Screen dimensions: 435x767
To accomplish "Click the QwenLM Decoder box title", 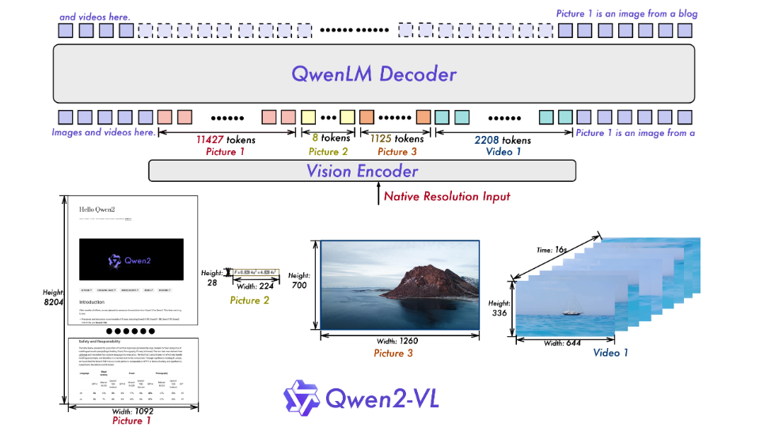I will point(374,74).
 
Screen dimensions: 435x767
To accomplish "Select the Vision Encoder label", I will point(362,171).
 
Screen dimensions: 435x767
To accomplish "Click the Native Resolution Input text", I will point(446,196).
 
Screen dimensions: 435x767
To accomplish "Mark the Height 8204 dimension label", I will point(52,299).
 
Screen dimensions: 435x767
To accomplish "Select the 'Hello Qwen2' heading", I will point(97,210).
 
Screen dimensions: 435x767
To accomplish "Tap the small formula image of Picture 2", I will point(254,274).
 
